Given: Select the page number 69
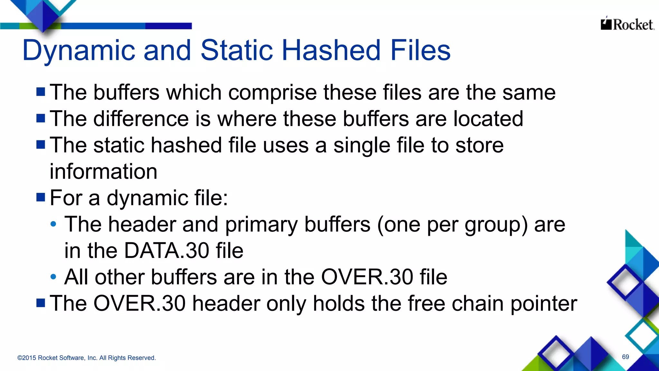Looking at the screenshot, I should (x=625, y=357).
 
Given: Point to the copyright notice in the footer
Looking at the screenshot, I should (x=87, y=358).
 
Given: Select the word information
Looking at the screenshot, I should (x=103, y=172).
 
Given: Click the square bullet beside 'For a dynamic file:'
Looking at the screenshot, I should (x=41, y=197).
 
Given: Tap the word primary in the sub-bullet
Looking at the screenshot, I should (x=261, y=225).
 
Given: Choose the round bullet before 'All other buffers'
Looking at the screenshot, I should (x=53, y=277).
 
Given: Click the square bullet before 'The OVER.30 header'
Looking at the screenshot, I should (x=41, y=303).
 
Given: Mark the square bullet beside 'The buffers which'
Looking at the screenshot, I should (x=41, y=92).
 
